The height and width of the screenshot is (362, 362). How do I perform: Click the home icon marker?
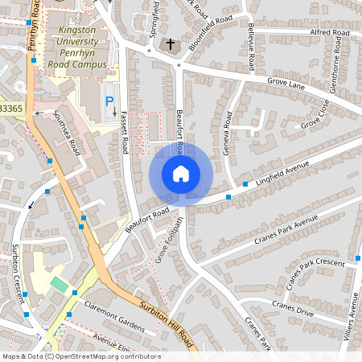point(181,173)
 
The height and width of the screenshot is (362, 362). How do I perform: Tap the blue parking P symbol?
point(109,102)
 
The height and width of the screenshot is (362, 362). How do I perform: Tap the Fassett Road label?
point(125,133)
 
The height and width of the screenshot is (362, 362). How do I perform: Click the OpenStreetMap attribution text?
point(81,356)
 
